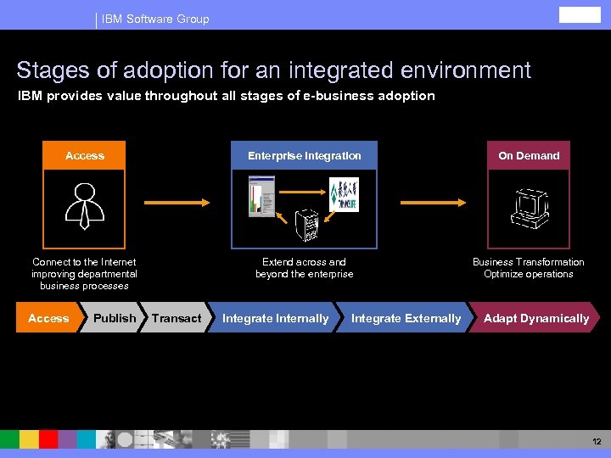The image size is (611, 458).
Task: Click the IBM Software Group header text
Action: pos(155,19)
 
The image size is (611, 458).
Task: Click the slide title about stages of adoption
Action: pos(273,70)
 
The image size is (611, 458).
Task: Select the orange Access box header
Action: pos(84,155)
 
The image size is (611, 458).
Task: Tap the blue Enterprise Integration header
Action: pos(304,155)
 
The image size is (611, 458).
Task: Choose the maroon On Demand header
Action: pos(529,155)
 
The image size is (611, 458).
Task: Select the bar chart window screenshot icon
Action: pos(261,196)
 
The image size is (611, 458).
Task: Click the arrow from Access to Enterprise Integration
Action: pos(177,203)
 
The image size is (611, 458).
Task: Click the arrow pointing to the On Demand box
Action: pos(433,203)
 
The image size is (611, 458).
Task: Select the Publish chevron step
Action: pos(114,318)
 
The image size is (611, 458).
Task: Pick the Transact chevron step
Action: pos(177,318)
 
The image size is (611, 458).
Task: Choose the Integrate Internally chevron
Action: pos(275,318)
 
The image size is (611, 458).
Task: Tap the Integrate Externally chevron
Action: pos(406,318)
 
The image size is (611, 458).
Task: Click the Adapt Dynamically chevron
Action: pos(535,318)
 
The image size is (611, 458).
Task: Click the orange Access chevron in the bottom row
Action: pos(48,318)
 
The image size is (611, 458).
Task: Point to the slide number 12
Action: pos(596,442)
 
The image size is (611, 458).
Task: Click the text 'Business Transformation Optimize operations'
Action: pos(528,268)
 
